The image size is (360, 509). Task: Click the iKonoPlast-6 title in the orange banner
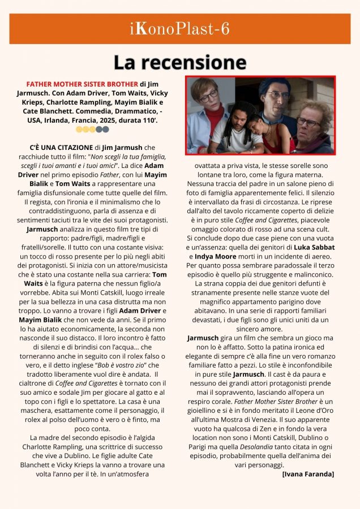click(x=179, y=29)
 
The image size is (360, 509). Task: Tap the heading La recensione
click(x=179, y=62)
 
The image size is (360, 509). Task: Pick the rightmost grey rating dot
click(x=106, y=129)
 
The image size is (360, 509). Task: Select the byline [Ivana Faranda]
click(x=308, y=473)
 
